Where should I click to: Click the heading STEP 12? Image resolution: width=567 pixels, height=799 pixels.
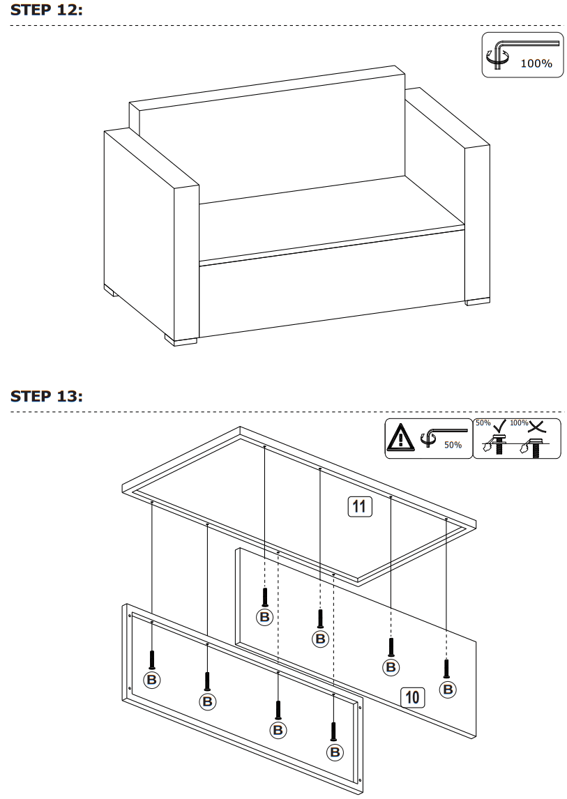pos(47,10)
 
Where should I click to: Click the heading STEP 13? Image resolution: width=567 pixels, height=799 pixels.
pos(47,396)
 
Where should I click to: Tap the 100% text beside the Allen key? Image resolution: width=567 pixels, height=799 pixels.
pos(536,63)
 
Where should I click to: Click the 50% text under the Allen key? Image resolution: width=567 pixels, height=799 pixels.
pos(452,445)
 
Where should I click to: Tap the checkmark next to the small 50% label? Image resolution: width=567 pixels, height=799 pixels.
pos(499,425)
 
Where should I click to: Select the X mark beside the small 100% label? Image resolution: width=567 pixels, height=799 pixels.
pos(538,425)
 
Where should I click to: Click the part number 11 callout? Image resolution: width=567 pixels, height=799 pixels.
pos(360,506)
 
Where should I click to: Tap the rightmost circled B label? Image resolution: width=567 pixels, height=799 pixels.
pos(448,689)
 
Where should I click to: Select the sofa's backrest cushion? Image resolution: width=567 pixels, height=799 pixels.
pos(272,143)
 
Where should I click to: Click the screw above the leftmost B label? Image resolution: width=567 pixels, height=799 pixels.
pos(151,659)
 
